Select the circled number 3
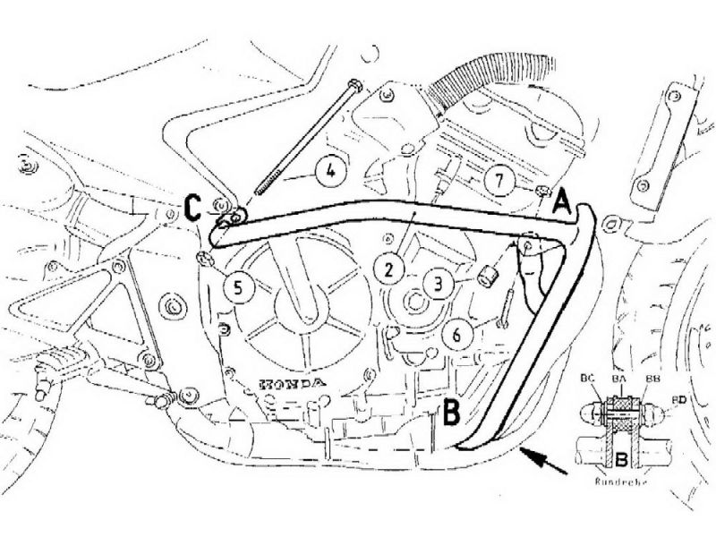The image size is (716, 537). pos(438,285)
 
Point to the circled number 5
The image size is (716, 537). pos(238,286)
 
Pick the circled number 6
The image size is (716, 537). pos(456,335)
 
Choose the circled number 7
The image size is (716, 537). pos(499,181)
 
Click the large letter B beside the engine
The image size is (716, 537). pos(452,413)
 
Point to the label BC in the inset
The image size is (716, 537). pos(587,379)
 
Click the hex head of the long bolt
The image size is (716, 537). pos(354,86)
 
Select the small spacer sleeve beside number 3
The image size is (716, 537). pos(488,277)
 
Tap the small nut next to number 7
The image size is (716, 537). pos(541,190)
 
